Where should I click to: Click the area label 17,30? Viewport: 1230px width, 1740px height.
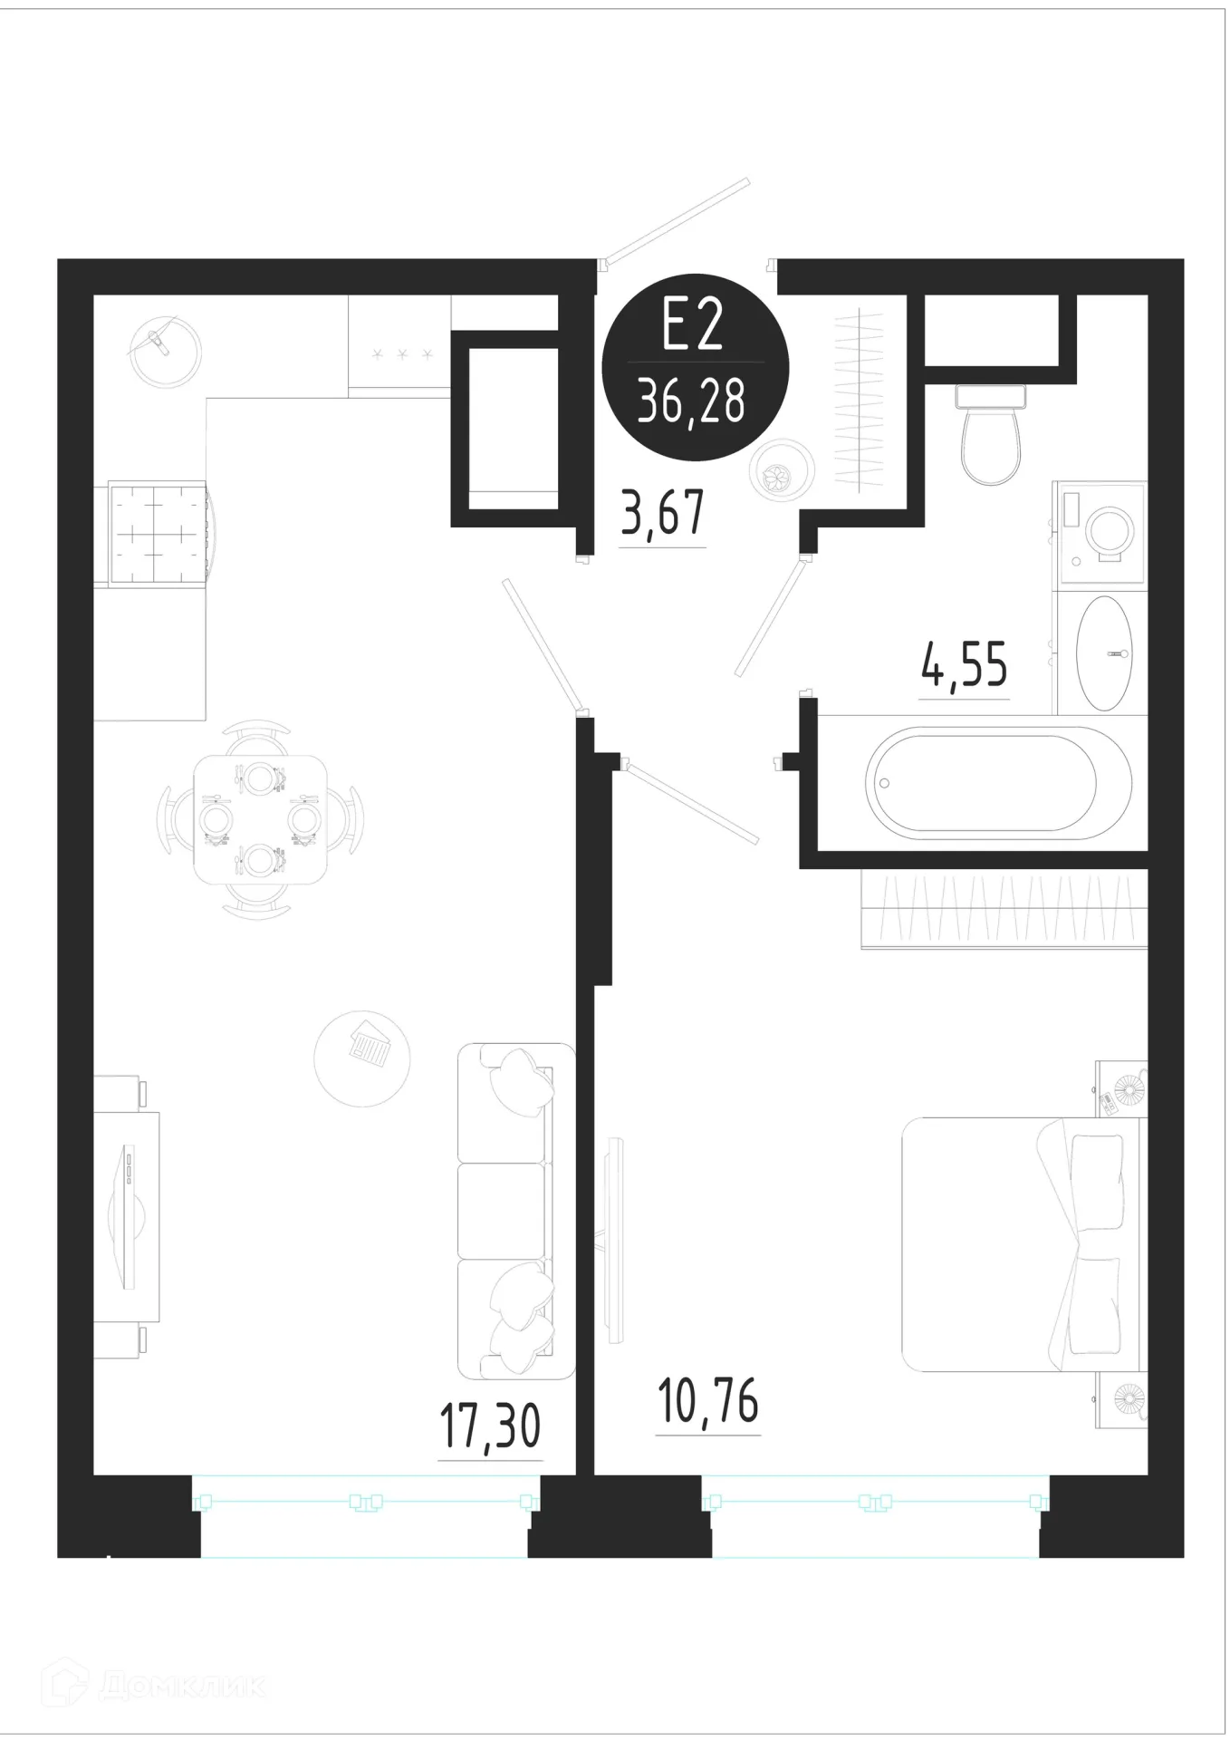(490, 1425)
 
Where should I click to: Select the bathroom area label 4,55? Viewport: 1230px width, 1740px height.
(964, 665)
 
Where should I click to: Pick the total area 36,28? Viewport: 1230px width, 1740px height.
(692, 401)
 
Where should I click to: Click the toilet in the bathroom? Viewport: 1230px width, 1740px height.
(990, 433)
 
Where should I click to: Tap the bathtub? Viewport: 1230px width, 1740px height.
(981, 782)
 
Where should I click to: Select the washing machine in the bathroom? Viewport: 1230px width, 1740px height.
(1100, 536)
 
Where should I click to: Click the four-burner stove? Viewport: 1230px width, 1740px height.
(159, 535)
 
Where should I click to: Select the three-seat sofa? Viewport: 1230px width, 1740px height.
(515, 1212)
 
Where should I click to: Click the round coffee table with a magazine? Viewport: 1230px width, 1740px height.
(360, 1058)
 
